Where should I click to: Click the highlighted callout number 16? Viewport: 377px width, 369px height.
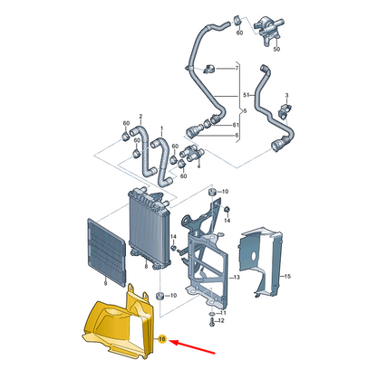162,339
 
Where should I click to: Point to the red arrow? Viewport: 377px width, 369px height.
192,346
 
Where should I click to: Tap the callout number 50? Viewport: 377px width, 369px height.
276,49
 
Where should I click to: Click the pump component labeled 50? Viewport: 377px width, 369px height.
267,29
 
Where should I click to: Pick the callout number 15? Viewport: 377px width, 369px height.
287,276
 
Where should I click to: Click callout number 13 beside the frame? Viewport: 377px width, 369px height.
237,277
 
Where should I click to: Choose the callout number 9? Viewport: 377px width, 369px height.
105,283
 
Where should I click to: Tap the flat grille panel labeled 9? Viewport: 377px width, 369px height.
106,252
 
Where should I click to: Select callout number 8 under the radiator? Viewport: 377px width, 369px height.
146,267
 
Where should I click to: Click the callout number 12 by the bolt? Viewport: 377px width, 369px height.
221,320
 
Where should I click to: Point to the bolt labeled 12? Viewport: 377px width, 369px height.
211,322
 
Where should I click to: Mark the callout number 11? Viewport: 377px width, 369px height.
223,313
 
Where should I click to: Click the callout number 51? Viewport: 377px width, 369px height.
246,95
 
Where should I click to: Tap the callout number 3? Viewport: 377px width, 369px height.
286,95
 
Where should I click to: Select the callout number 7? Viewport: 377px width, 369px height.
237,69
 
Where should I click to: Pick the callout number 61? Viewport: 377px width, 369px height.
236,125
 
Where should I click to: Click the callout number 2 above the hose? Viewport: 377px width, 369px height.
140,117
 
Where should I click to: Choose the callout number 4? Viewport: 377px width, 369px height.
198,166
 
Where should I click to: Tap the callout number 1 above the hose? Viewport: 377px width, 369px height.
161,128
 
